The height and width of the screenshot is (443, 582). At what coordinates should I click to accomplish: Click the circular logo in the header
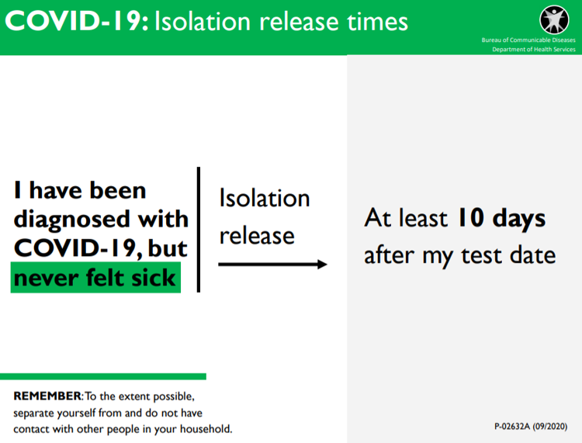click(x=554, y=19)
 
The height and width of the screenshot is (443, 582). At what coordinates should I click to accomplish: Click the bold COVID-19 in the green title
click(x=77, y=21)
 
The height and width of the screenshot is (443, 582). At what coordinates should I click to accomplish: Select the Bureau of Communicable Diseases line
click(x=528, y=40)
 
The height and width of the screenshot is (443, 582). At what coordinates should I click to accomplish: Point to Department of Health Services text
click(x=533, y=50)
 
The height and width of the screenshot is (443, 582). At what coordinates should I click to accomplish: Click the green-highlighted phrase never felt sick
click(x=95, y=278)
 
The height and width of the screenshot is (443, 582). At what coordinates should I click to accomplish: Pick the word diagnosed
click(x=71, y=220)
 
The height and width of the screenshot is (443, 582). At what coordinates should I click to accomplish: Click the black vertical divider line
click(x=199, y=230)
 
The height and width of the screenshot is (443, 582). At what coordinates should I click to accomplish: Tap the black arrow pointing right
click(x=272, y=264)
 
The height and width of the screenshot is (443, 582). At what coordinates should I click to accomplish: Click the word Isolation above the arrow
click(x=265, y=198)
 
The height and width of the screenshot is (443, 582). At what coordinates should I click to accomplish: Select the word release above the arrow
click(x=257, y=236)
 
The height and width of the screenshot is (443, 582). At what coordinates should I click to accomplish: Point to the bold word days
click(x=519, y=219)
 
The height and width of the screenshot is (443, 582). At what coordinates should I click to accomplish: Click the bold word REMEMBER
click(x=47, y=396)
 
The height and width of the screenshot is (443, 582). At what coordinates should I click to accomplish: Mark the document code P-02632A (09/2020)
click(x=531, y=427)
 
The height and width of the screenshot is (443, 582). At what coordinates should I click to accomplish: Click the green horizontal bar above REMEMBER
click(x=103, y=376)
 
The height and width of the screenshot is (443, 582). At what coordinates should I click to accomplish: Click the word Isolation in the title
click(x=203, y=21)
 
